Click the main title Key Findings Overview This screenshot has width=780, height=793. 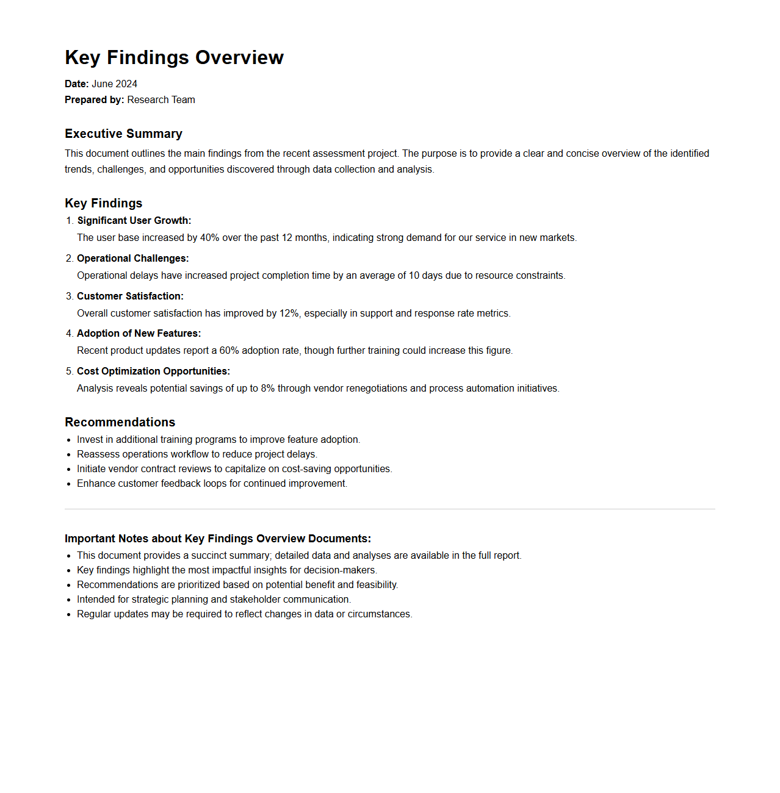pos(174,57)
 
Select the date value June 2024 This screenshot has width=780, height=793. pos(114,84)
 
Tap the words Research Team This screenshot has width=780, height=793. pos(161,100)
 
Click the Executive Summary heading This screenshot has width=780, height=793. pos(123,134)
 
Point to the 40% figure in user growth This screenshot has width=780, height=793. pos(209,238)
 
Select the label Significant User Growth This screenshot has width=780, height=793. pos(134,221)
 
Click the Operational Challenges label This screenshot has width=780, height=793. pos(132,259)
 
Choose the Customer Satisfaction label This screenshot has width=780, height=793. pos(130,296)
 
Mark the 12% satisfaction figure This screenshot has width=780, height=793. pos(289,314)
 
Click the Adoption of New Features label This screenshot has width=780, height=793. pos(139,334)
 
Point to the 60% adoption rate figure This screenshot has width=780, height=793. pos(229,351)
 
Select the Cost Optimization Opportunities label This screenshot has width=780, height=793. pos(153,371)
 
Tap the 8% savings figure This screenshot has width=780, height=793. pos(267,389)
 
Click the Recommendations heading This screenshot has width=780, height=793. pos(120,422)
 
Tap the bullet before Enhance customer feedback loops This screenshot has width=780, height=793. pos(69,484)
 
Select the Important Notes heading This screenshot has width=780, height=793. pos(217,539)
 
